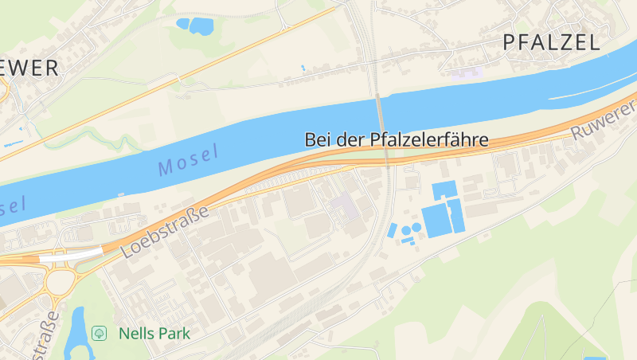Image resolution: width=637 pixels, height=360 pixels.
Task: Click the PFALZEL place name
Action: [x=551, y=43]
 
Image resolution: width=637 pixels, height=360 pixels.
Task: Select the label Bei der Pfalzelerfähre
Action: [x=396, y=140]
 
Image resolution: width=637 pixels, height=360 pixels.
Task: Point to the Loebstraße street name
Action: [x=166, y=231]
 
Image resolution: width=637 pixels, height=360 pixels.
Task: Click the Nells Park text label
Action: [x=154, y=333]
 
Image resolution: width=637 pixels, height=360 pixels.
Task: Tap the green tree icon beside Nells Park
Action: [x=100, y=333]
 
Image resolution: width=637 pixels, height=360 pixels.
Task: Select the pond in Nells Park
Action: [x=77, y=331]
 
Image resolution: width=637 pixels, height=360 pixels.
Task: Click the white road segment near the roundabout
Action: [x=71, y=256]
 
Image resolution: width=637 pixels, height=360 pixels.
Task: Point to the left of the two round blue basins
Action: [x=406, y=230]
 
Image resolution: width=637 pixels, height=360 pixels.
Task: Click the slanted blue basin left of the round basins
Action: [x=392, y=230]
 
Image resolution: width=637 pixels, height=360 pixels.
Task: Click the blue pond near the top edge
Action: [x=197, y=26]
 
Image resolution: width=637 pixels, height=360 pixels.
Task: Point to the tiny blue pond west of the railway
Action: [x=303, y=68]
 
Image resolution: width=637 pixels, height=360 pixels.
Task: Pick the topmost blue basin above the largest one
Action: [x=444, y=190]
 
